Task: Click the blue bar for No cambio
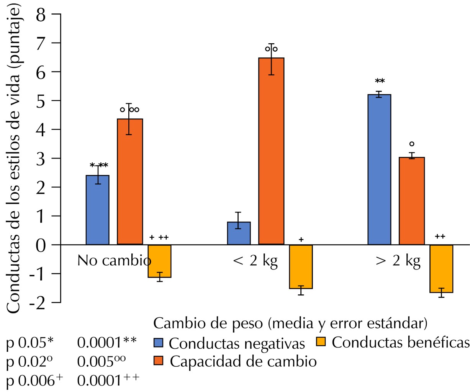(x=97, y=210)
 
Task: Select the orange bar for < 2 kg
(x=271, y=151)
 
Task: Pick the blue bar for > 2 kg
(x=379, y=169)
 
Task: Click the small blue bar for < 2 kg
(x=239, y=233)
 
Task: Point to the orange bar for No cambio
(x=130, y=181)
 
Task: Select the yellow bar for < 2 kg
(x=301, y=266)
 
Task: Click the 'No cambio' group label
(x=114, y=261)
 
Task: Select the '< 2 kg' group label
(x=255, y=261)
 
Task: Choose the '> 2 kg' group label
(x=398, y=261)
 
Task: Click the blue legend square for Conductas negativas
(x=158, y=342)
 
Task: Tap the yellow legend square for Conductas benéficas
(x=321, y=341)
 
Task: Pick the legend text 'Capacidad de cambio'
(x=243, y=361)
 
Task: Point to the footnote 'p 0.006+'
(x=34, y=381)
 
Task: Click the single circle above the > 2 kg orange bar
(x=412, y=144)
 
